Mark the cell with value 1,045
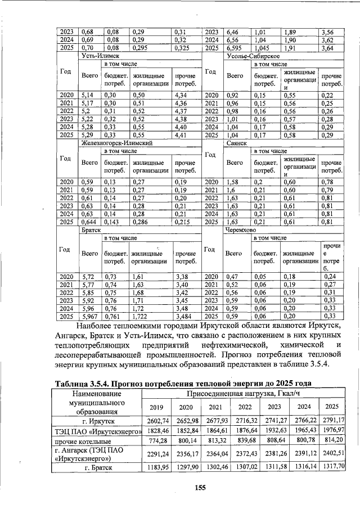click(x=263, y=49)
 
